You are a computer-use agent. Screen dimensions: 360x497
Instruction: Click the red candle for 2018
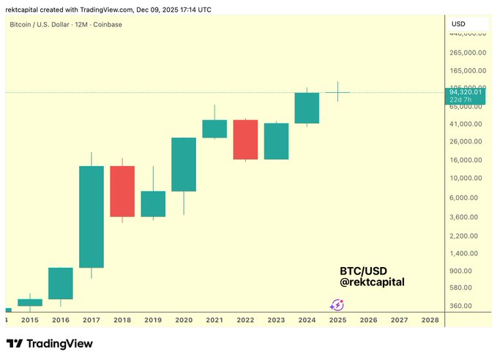click(x=122, y=191)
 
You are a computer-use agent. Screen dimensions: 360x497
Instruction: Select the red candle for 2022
click(x=245, y=139)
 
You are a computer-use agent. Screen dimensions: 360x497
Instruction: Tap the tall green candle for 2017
click(x=91, y=217)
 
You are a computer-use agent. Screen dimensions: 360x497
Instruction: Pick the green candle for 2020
click(x=184, y=164)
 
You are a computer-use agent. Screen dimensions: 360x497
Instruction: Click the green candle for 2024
click(x=307, y=108)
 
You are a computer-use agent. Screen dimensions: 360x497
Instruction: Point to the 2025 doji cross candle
click(x=337, y=92)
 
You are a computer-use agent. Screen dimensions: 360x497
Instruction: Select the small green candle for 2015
click(x=30, y=302)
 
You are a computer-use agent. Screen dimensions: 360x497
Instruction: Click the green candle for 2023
click(x=276, y=140)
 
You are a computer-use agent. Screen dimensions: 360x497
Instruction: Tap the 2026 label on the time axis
click(x=368, y=320)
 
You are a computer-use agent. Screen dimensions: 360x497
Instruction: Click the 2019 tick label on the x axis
click(x=153, y=320)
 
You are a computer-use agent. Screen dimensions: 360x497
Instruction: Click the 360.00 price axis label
click(x=466, y=306)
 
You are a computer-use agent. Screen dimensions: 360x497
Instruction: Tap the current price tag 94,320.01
click(x=466, y=92)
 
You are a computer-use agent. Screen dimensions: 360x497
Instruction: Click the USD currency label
click(x=458, y=24)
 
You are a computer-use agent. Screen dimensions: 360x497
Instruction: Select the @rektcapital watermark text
click(x=373, y=282)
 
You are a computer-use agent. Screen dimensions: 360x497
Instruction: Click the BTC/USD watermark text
click(x=364, y=271)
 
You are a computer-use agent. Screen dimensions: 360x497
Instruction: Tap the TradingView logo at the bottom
click(x=50, y=343)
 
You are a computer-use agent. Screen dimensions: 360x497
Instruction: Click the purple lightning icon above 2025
click(x=337, y=305)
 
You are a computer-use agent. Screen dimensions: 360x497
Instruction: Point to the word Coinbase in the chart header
click(x=108, y=24)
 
